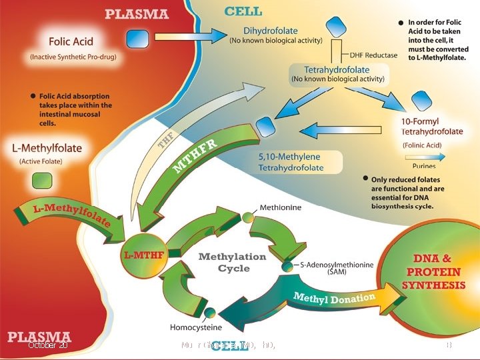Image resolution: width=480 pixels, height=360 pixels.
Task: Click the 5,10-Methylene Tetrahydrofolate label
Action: click(291, 161)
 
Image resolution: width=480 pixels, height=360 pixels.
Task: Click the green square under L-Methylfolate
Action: click(43, 181)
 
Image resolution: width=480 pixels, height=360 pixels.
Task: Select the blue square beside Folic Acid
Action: click(138, 37)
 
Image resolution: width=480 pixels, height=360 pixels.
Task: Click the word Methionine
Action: click(280, 207)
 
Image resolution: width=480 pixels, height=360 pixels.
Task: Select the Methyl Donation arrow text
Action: click(333, 297)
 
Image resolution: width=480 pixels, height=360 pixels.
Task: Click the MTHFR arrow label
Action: click(194, 155)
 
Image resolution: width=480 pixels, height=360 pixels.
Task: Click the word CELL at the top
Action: click(243, 11)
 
